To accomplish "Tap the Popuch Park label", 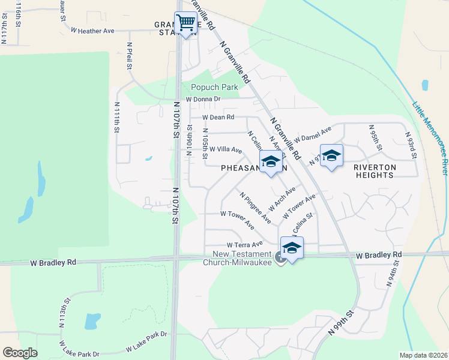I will [x=214, y=87].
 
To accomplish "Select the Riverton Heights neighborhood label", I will [x=382, y=171].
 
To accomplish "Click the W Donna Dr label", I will [x=203, y=99].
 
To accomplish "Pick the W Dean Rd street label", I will [x=218, y=118].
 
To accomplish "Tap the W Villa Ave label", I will [x=225, y=149].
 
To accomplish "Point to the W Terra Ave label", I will [x=245, y=245].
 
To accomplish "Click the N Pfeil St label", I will [x=129, y=55].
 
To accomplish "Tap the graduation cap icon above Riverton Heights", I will [x=331, y=156].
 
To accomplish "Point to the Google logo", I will [x=20, y=353].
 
